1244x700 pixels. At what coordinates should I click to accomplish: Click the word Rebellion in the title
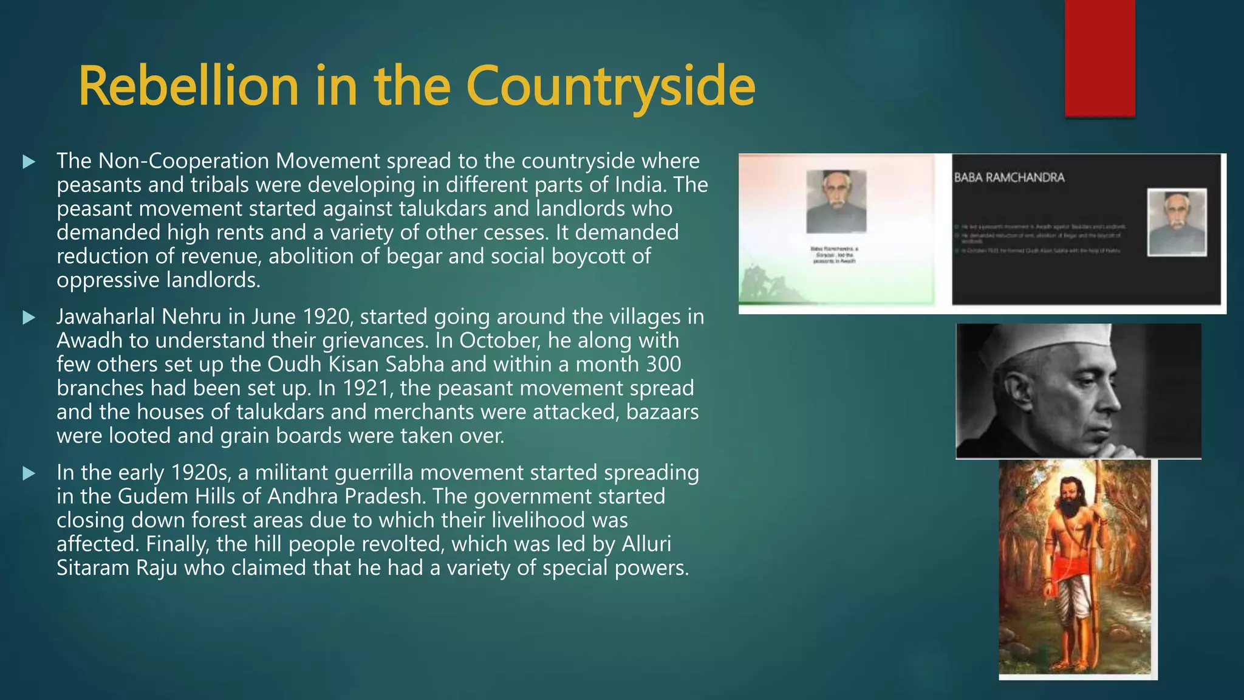point(188,86)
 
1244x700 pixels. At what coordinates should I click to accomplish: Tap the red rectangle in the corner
point(1099,58)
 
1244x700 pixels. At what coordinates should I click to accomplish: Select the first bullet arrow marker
point(29,162)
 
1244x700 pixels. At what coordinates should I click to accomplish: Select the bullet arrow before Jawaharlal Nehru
point(29,317)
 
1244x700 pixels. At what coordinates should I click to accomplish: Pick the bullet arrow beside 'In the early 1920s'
point(29,473)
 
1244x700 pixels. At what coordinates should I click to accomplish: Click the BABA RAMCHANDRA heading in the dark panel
point(1009,178)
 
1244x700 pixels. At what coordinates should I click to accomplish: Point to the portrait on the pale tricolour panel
point(836,201)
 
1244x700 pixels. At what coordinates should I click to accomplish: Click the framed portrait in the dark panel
point(1177,222)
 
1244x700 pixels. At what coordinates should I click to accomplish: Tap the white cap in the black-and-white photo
point(1057,343)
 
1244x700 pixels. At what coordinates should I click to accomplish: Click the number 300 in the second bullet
point(663,365)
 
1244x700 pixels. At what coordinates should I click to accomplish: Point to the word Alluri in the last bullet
point(646,544)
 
